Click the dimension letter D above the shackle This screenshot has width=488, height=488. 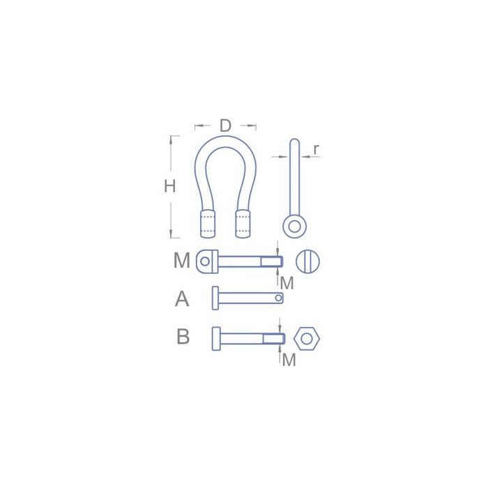pos(225,126)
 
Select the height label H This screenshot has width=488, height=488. pos(169,186)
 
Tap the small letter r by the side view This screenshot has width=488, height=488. pos(316,148)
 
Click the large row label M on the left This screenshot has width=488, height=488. pos(181,261)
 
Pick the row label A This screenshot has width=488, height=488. pos(182,299)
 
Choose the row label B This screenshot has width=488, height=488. pos(183,337)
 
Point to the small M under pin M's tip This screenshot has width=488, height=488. pos(287,283)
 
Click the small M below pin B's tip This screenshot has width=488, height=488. pos(289,360)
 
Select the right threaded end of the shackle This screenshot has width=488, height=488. pos(243,223)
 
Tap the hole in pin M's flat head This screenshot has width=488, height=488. pos(204,262)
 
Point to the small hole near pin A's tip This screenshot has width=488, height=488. pos(278,298)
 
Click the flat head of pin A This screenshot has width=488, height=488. pos(215,298)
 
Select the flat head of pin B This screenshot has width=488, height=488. pos(215,338)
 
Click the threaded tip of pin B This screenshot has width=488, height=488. pos(279,339)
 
